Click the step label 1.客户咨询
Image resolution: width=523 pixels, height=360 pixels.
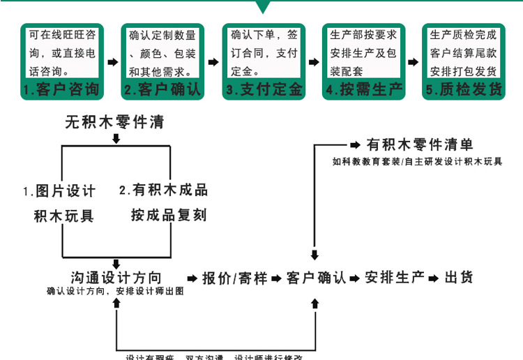pos(60,90)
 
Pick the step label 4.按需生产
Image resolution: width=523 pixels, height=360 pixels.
pos(362,90)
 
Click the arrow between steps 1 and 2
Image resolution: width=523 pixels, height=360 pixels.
pos(112,63)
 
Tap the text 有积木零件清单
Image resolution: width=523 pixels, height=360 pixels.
pos(420,145)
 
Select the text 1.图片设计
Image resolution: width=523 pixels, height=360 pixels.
pos(59,190)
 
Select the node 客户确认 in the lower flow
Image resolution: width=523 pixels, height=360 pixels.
pos(316,278)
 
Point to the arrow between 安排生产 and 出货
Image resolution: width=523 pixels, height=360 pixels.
pos(434,278)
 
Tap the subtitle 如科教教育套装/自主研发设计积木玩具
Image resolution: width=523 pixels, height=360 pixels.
pos(417,162)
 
